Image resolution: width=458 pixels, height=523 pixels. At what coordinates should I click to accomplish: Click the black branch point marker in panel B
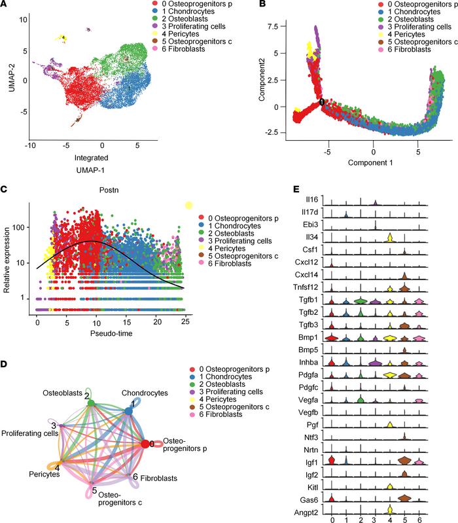[322, 102]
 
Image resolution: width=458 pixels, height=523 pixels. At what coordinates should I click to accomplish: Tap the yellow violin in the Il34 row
[389, 238]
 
